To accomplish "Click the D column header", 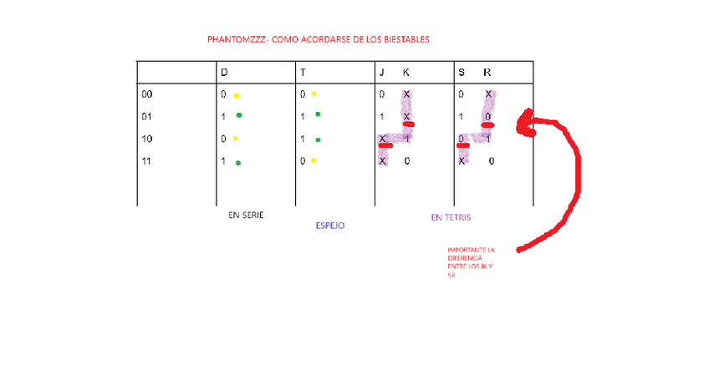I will [224, 73].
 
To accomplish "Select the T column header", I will [303, 73].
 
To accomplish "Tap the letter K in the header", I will [406, 73].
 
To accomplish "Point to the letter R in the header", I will [487, 73].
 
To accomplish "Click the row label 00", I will [147, 94].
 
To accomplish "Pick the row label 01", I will [147, 116].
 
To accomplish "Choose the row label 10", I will [147, 139].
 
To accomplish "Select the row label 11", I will [147, 160].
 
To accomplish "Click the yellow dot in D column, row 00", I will [237, 95].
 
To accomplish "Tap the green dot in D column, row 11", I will [239, 163].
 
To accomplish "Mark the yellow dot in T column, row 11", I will [314, 160].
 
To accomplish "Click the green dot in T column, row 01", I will [318, 114].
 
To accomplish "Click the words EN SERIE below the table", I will [246, 215].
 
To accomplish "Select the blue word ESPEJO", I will [329, 226].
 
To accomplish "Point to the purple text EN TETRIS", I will [451, 217].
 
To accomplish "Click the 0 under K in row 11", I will [406, 160].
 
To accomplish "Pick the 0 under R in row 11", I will [491, 160].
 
